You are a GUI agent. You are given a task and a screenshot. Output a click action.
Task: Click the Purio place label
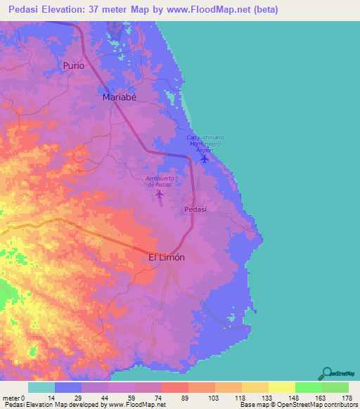click(x=73, y=65)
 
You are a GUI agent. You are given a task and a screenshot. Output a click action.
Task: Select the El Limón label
click(x=167, y=258)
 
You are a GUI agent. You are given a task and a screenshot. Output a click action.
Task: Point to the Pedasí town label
click(x=195, y=209)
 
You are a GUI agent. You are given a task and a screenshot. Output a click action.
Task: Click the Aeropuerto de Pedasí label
click(x=160, y=181)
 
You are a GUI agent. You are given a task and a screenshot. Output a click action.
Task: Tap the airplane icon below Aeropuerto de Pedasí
click(x=160, y=194)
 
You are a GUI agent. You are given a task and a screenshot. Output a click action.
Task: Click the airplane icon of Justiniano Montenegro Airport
click(x=204, y=157)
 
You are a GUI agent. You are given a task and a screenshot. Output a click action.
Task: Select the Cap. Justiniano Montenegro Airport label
click(x=203, y=143)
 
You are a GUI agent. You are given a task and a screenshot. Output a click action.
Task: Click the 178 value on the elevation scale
click(x=347, y=398)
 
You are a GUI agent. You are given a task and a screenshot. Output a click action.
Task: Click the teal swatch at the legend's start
click(x=41, y=387)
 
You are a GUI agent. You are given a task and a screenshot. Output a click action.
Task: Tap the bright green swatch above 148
click(x=307, y=387)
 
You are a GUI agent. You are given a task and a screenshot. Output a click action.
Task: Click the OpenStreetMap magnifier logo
click(x=328, y=374)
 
